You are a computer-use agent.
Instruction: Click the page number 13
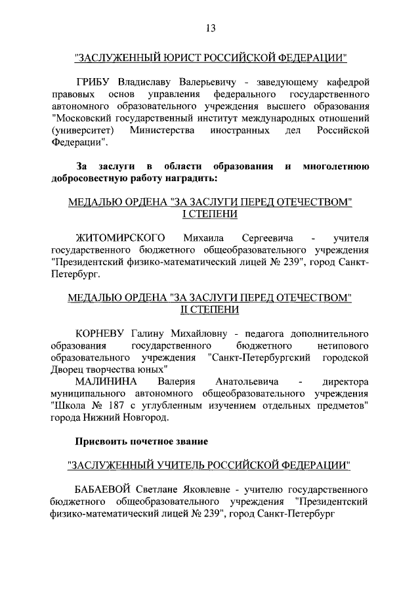point(210,28)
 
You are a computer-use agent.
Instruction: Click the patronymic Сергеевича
point(267,236)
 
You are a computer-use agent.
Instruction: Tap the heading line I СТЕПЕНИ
point(210,214)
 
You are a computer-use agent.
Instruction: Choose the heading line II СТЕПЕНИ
point(210,309)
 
